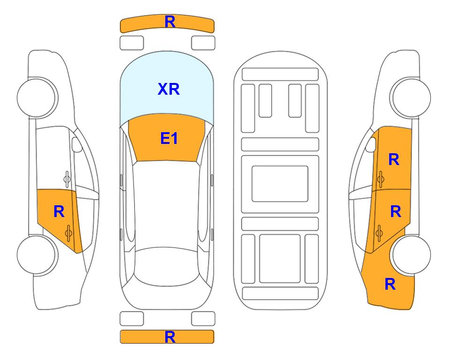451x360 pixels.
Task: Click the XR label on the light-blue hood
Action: click(x=169, y=89)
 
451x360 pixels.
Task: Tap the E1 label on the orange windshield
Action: click(x=169, y=138)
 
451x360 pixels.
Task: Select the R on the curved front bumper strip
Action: click(x=170, y=22)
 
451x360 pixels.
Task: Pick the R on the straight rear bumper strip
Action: click(x=170, y=337)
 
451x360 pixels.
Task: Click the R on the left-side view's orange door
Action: click(x=59, y=212)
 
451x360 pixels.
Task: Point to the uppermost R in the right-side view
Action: click(x=394, y=159)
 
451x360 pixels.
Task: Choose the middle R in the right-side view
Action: click(x=395, y=212)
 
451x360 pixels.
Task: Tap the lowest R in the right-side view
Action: click(x=390, y=284)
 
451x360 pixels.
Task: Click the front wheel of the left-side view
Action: click(x=37, y=97)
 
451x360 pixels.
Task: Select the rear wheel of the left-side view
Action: click(x=37, y=255)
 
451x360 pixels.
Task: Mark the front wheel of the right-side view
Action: click(x=411, y=97)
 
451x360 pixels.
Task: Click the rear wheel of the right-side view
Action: click(x=411, y=255)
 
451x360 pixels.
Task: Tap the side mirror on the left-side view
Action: click(x=77, y=144)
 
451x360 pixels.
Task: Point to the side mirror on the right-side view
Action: click(x=371, y=144)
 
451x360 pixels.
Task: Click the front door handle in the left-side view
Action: click(x=67, y=179)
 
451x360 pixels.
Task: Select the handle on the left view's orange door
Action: click(x=68, y=233)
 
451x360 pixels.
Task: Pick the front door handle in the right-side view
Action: click(x=381, y=179)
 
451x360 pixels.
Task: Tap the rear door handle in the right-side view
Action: click(x=379, y=233)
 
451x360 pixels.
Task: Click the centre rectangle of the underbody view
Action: click(x=280, y=184)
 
